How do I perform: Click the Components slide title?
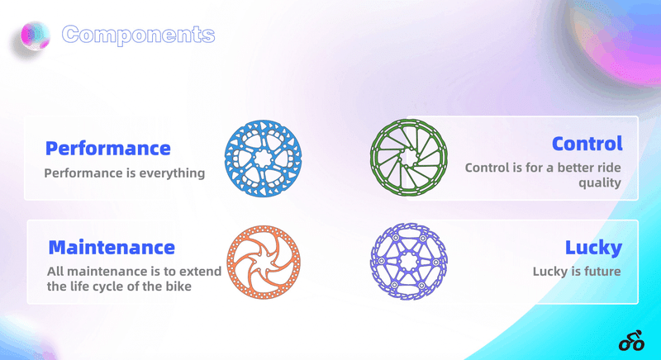(x=138, y=35)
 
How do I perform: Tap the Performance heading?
(x=108, y=148)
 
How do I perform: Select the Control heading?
(x=587, y=144)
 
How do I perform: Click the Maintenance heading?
(x=112, y=247)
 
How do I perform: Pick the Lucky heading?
(x=593, y=248)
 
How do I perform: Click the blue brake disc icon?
(x=263, y=159)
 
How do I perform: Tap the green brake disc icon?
(x=408, y=158)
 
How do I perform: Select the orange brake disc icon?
(x=264, y=262)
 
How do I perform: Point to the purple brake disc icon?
(x=408, y=262)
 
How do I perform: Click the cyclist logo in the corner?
(x=631, y=340)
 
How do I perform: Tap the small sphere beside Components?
(x=36, y=36)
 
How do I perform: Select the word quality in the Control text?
(x=600, y=183)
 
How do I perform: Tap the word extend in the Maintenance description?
(x=203, y=272)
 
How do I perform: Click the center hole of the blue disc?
(x=263, y=159)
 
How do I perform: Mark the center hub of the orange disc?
(x=264, y=262)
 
